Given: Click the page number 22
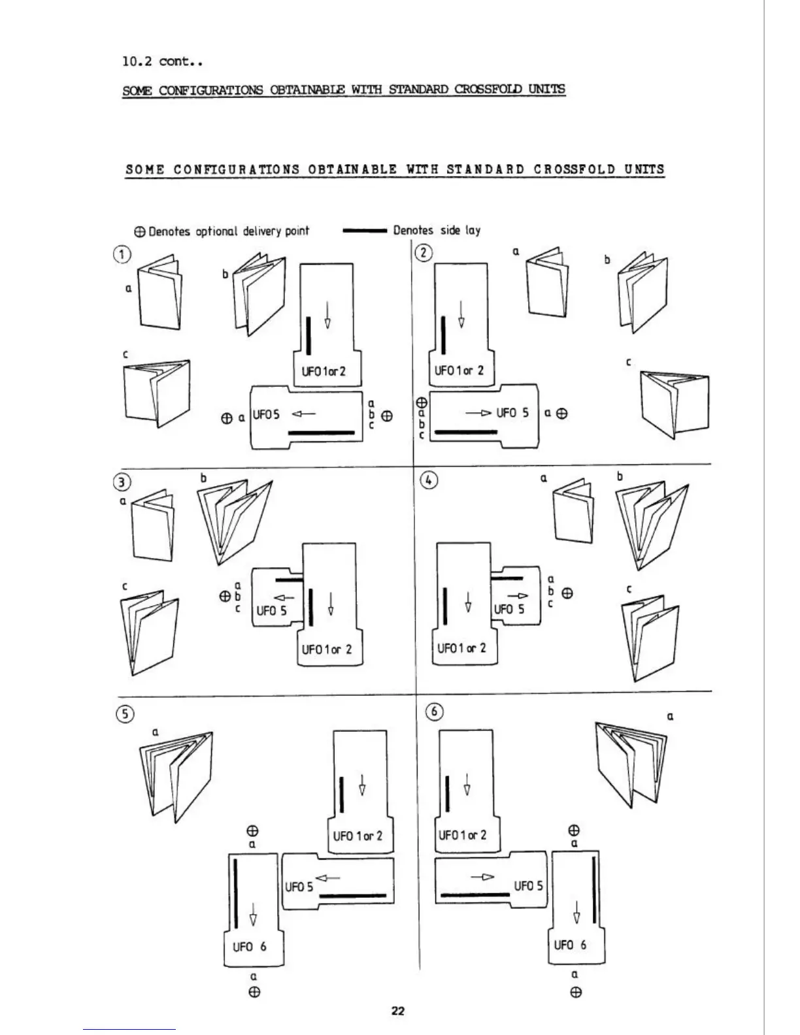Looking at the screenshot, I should click(398, 1011).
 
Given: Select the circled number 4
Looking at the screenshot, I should click(428, 480).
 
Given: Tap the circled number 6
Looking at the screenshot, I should click(435, 712).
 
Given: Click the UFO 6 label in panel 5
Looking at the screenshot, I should click(250, 947).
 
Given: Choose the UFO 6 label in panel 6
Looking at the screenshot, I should click(570, 945).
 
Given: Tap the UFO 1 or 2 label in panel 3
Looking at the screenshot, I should click(327, 649).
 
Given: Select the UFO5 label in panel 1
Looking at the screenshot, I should click(266, 414).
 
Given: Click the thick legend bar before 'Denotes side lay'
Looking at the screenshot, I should click(365, 231).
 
